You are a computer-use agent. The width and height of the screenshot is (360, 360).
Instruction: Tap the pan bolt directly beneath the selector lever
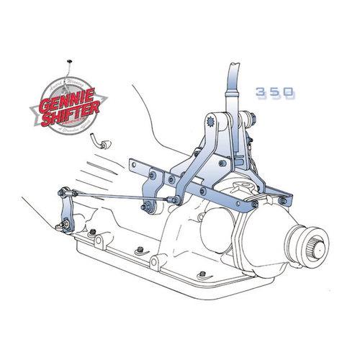92,231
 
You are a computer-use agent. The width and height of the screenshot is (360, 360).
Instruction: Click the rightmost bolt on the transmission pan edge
202,274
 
